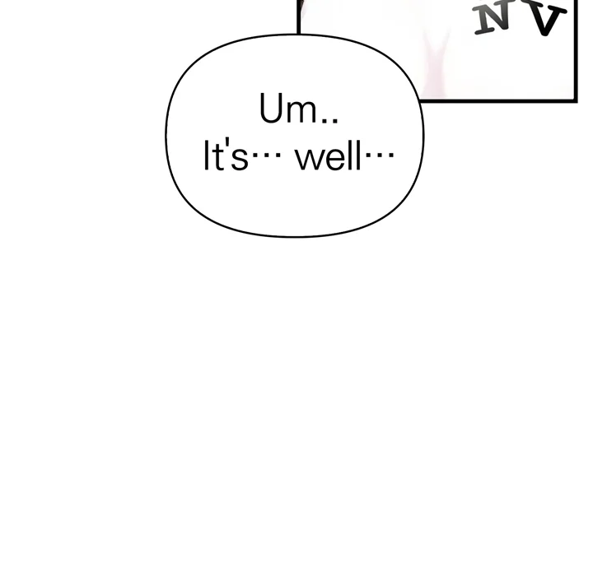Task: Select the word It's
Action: pyautogui.click(x=226, y=156)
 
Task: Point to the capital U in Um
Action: pyautogui.click(x=272, y=109)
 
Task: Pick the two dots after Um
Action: pyautogui.click(x=329, y=120)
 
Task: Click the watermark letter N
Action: pyautogui.click(x=492, y=20)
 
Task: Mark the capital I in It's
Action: pyautogui.click(x=206, y=156)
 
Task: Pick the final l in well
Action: pyautogui.click(x=357, y=156)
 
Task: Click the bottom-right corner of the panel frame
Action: pyautogui.click(x=576, y=100)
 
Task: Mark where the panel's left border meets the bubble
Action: pyautogui.click(x=299, y=35)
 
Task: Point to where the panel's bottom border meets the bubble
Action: pyautogui.click(x=419, y=100)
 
